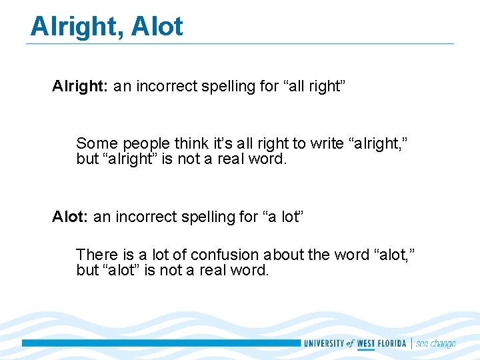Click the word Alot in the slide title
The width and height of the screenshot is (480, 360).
(157, 27)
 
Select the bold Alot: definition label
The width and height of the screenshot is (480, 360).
(71, 217)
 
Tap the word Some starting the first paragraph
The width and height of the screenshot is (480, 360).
(95, 143)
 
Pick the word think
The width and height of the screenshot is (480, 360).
(191, 143)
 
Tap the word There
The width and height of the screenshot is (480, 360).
(96, 255)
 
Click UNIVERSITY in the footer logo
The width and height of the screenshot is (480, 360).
(324, 343)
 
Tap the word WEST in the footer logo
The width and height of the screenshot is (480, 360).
(366, 343)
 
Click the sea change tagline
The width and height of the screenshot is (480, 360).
(435, 343)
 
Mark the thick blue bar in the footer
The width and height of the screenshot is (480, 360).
(160, 343)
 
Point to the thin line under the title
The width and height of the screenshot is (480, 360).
(240, 44)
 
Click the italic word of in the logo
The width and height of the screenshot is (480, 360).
(350, 343)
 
